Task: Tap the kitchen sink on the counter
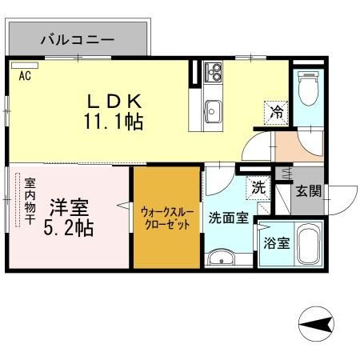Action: pyautogui.click(x=214, y=109)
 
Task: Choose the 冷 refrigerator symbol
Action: pyautogui.click(x=275, y=113)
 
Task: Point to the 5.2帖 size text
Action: pyautogui.click(x=69, y=227)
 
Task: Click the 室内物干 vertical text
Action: pyautogui.click(x=30, y=201)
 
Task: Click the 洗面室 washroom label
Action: pyautogui.click(x=229, y=218)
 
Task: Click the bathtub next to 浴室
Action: pyautogui.click(x=307, y=245)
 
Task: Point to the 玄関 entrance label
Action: pyautogui.click(x=308, y=191)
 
